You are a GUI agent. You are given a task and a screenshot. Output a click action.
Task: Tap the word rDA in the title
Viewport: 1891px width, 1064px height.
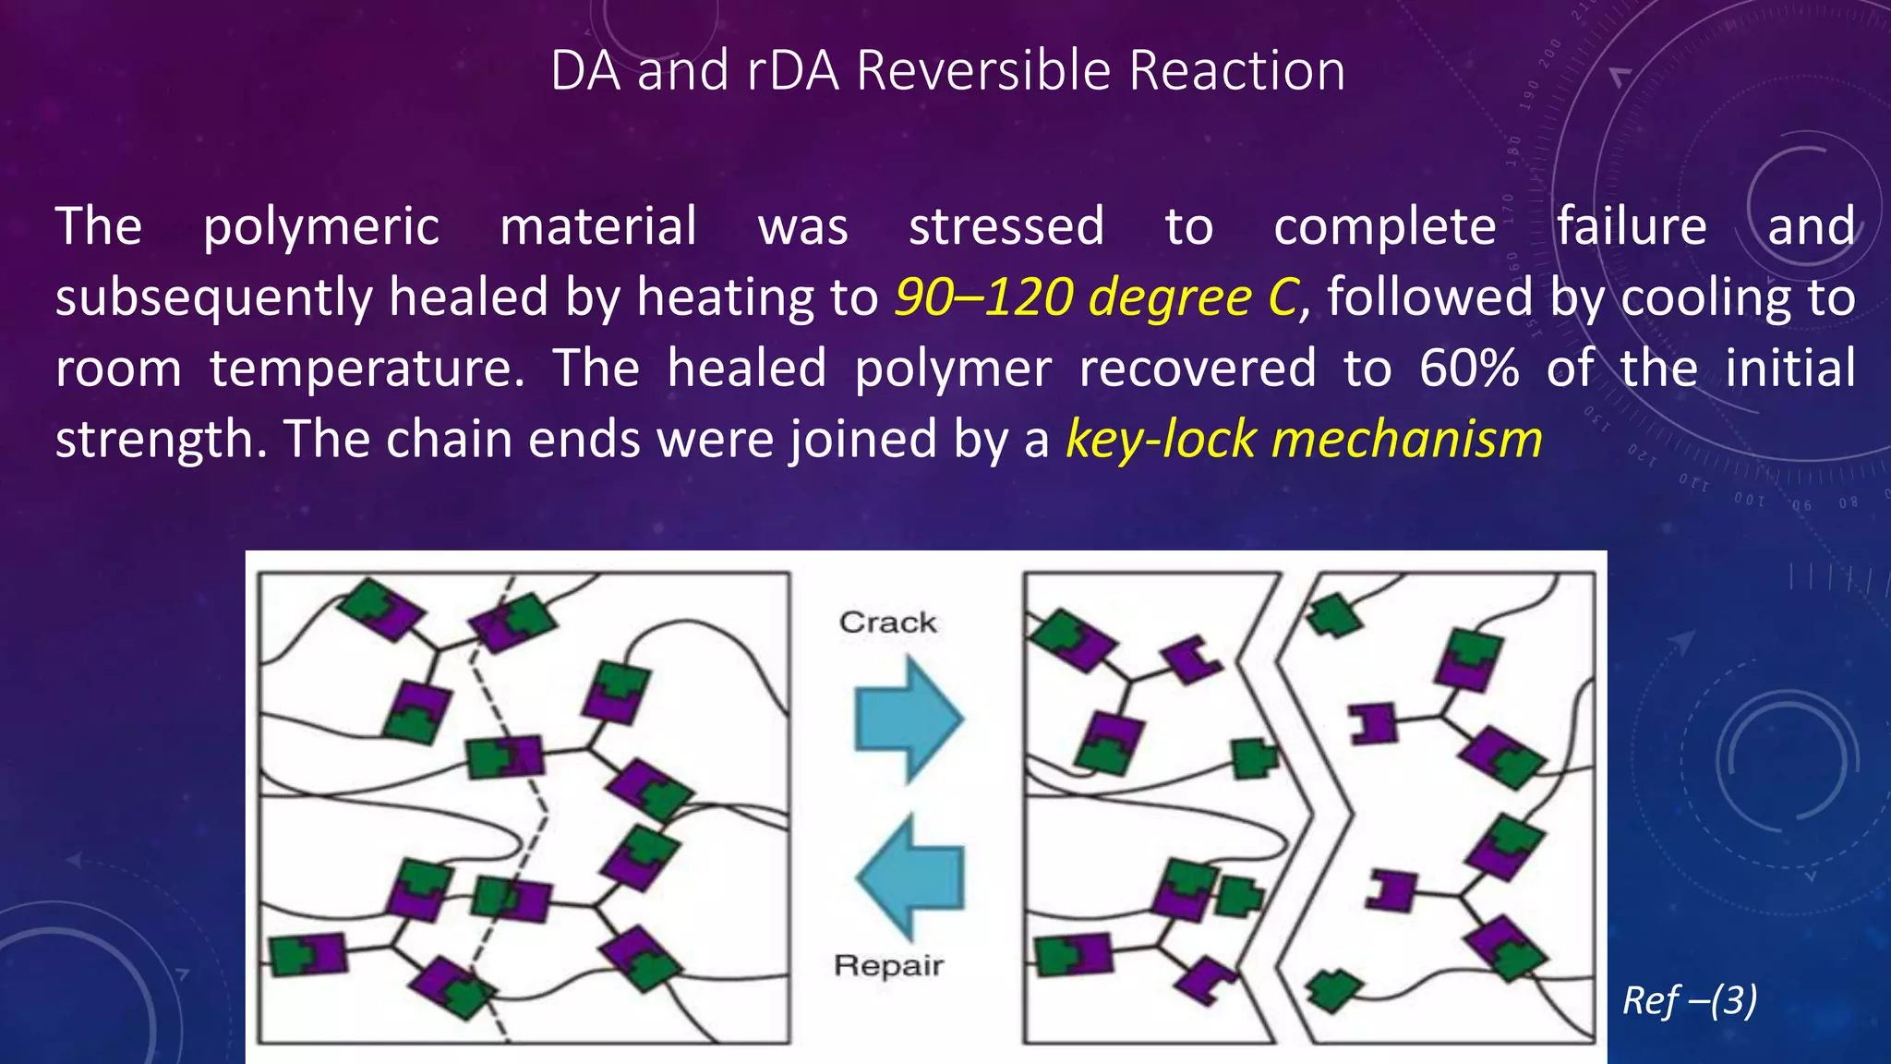[x=793, y=71]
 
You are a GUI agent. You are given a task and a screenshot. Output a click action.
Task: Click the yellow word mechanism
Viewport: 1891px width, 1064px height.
[x=1407, y=439]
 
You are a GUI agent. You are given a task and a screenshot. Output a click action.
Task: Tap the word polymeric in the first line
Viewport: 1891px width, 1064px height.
[x=320, y=227]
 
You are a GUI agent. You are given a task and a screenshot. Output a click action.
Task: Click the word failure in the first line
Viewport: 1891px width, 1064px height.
[x=1632, y=227]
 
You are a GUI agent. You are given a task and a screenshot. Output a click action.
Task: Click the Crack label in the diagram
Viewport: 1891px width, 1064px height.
[x=887, y=623]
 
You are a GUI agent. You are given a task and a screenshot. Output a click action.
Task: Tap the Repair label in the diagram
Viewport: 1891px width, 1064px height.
[x=888, y=965]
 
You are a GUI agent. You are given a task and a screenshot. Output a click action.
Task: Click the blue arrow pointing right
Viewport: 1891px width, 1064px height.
[x=908, y=718]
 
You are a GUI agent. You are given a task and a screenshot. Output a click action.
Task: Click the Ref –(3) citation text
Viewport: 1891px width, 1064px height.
[x=1690, y=1000]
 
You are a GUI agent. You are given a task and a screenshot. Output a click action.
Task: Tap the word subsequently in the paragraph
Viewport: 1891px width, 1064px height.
[x=212, y=298]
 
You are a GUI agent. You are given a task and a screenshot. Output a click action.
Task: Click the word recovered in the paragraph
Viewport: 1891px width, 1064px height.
[x=1198, y=368]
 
